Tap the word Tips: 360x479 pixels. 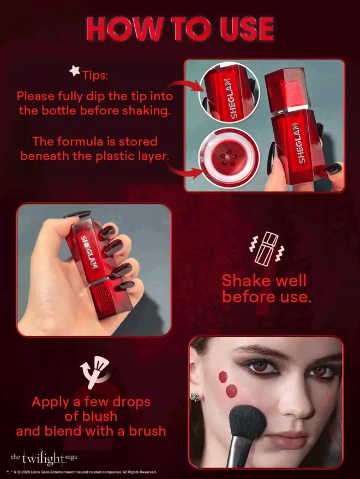95,74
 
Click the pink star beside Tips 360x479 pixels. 74,70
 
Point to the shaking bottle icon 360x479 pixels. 264,247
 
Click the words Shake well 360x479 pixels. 264,281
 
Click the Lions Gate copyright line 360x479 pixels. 82,472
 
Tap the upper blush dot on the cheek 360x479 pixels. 221,376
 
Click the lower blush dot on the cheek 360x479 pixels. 231,390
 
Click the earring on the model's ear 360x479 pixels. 194,396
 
